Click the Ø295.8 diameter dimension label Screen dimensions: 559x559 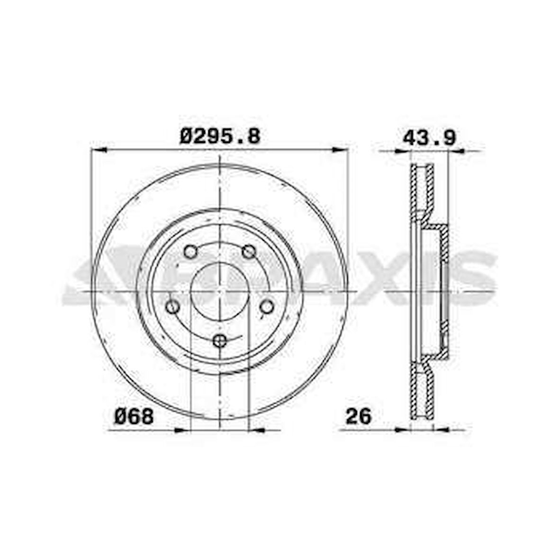click(220, 136)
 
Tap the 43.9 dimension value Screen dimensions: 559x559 click(429, 137)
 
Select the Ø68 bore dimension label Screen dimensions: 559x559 click(134, 416)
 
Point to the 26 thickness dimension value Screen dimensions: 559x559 click(358, 416)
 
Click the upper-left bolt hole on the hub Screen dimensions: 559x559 click(190, 252)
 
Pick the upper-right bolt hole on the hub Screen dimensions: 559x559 click(249, 252)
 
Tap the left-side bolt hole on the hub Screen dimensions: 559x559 click(172, 307)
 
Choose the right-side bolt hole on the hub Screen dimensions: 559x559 click(267, 307)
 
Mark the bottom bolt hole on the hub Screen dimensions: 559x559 click(220, 341)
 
